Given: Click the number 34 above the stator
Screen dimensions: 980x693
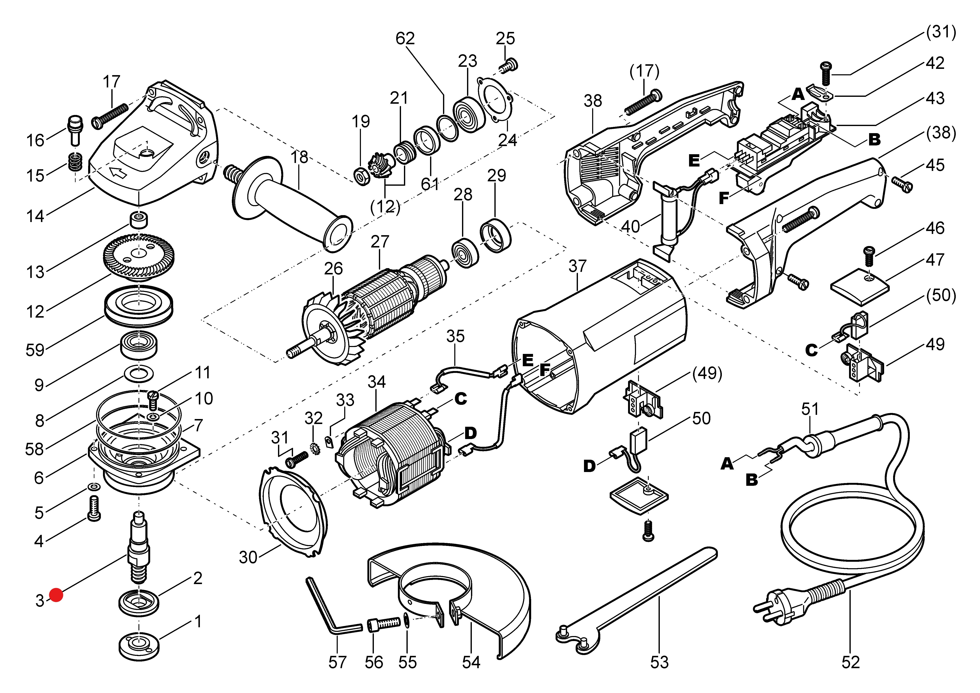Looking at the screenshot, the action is pos(377,381).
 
